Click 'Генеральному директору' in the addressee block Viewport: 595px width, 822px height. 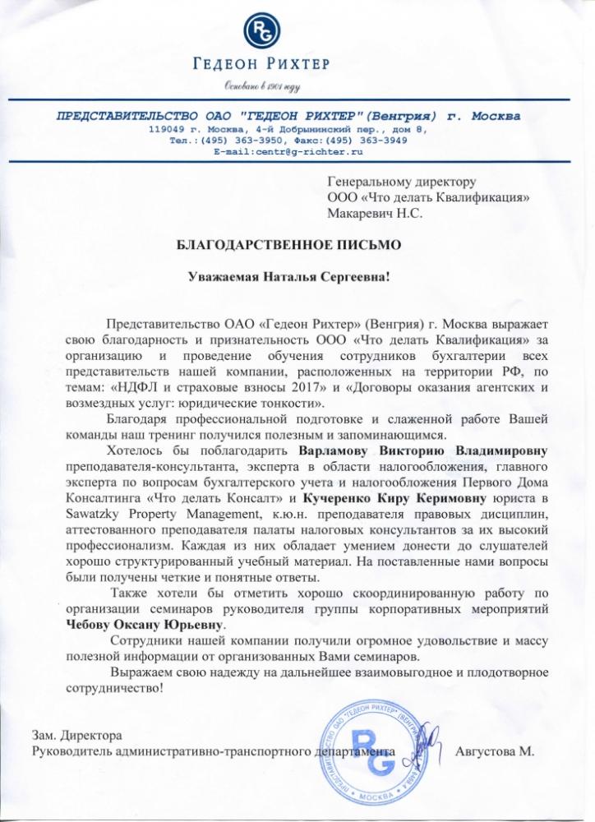click(401, 182)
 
